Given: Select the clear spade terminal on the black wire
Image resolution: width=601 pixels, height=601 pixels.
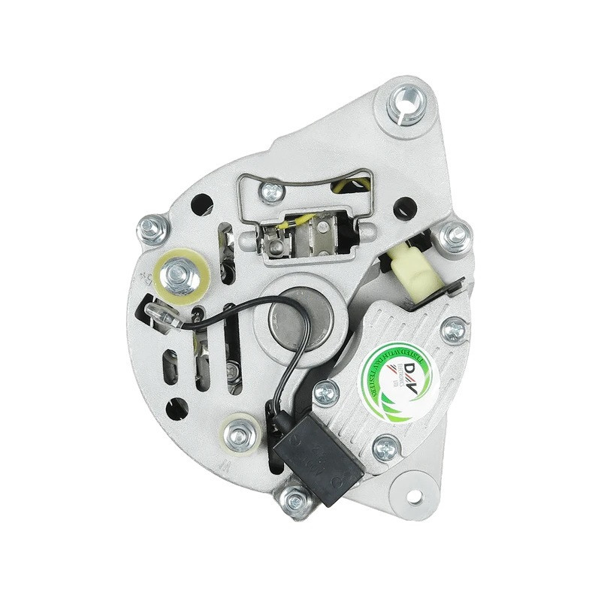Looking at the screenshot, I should [162, 316].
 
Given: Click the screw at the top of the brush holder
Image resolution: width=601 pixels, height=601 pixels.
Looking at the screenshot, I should [272, 192].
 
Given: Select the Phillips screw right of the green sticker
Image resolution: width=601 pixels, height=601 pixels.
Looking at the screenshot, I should [453, 328].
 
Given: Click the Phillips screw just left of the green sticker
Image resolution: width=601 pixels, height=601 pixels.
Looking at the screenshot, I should [325, 391].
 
